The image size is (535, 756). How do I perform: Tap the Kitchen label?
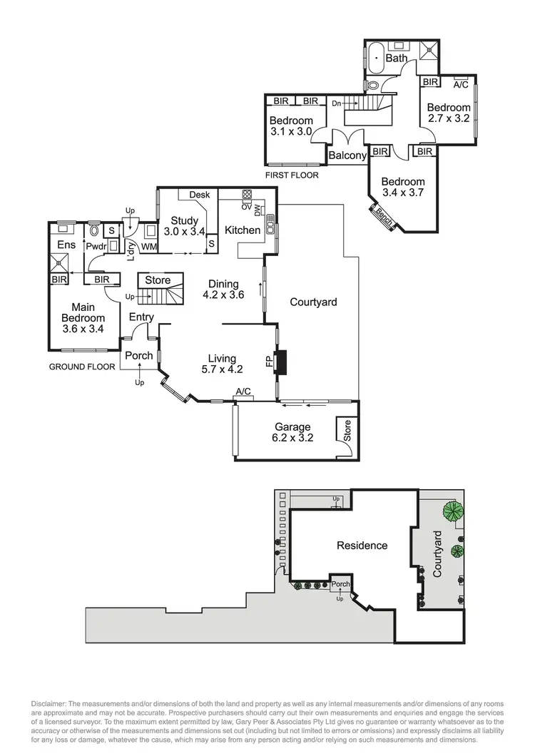coord(243,230)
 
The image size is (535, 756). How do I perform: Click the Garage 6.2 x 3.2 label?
coord(295,433)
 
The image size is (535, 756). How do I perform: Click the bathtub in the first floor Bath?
coord(374,55)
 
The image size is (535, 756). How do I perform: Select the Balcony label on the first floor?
coord(347,155)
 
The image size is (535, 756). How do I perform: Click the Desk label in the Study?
coord(199,195)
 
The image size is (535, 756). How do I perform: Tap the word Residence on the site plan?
coord(362,546)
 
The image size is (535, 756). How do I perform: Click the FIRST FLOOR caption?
coord(291,175)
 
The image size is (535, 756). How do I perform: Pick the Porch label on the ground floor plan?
coord(138,356)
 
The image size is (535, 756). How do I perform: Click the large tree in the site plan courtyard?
coord(451,510)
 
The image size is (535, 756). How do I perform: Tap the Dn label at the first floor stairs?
coord(336,103)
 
